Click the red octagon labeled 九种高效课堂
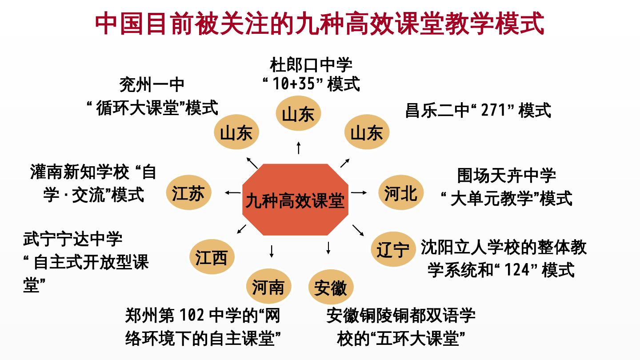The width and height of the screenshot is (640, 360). coord(295,200)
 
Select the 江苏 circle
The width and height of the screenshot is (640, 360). coord(188,193)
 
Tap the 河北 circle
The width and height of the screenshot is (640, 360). coord(401,193)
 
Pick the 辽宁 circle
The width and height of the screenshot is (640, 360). coord(393,249)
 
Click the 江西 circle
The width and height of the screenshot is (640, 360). coord(212,257)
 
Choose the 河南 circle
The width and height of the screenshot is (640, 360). coord(268,287)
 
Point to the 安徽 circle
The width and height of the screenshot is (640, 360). coord(331,288)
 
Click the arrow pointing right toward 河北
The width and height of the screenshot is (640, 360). coord(359,193)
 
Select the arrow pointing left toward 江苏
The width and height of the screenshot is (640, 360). coord(233,192)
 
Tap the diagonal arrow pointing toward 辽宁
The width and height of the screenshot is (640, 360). coord(358,230)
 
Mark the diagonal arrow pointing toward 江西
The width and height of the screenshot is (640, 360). coord(242,229)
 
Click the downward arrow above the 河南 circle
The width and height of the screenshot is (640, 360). coord(272,251)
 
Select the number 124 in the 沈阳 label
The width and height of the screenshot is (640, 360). coord(517,269)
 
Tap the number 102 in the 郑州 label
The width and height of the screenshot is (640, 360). coord(192,316)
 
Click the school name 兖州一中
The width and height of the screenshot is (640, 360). coord(152,84)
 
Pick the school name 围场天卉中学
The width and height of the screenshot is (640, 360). coord(507,176)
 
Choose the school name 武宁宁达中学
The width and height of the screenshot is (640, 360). coord(72,239)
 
